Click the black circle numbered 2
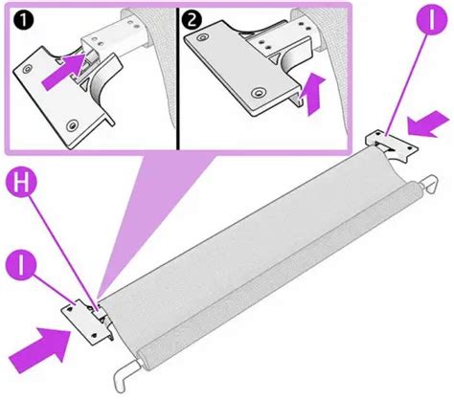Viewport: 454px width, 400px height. (192, 19)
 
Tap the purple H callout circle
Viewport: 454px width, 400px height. (21, 184)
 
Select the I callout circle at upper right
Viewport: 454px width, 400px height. (432, 18)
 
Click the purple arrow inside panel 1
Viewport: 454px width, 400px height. (63, 72)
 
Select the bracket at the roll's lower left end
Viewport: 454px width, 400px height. (88, 322)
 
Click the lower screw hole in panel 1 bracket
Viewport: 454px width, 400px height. (74, 124)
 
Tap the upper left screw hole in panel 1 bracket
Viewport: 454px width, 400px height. (28, 68)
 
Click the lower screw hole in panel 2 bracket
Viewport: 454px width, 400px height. (258, 93)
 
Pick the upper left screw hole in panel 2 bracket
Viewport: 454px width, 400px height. (201, 38)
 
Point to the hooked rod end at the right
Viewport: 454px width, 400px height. (428, 185)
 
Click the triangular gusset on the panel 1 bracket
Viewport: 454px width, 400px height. (85, 85)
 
